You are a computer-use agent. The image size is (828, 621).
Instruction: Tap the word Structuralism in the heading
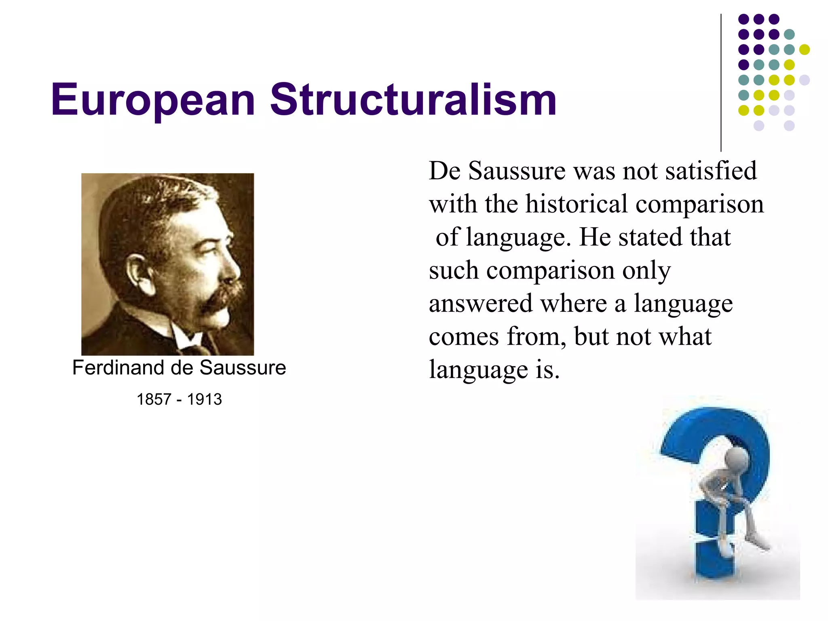coord(413,99)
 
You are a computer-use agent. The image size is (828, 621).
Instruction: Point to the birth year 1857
coord(154,399)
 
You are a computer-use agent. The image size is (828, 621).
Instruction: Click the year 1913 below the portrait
coord(204,399)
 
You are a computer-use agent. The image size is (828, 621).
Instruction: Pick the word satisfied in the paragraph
coord(711,171)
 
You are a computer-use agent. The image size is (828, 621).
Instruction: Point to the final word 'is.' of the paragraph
coord(547,370)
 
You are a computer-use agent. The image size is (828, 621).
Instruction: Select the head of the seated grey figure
coord(736,461)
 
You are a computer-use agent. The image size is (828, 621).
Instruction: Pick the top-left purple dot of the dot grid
coord(744,19)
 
